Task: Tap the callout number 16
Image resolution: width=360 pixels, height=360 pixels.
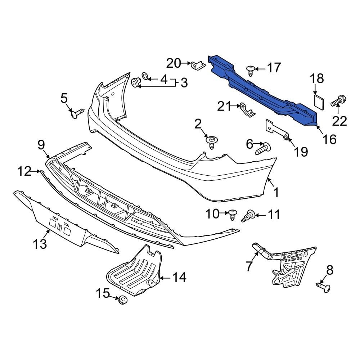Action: pos(329,139)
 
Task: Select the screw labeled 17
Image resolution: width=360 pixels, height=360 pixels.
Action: pos(251,69)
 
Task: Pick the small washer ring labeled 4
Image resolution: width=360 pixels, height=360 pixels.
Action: pos(145,76)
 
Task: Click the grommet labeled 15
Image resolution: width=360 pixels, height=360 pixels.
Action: pos(123,300)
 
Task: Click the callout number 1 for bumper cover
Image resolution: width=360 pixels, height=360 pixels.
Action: pos(276,193)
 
